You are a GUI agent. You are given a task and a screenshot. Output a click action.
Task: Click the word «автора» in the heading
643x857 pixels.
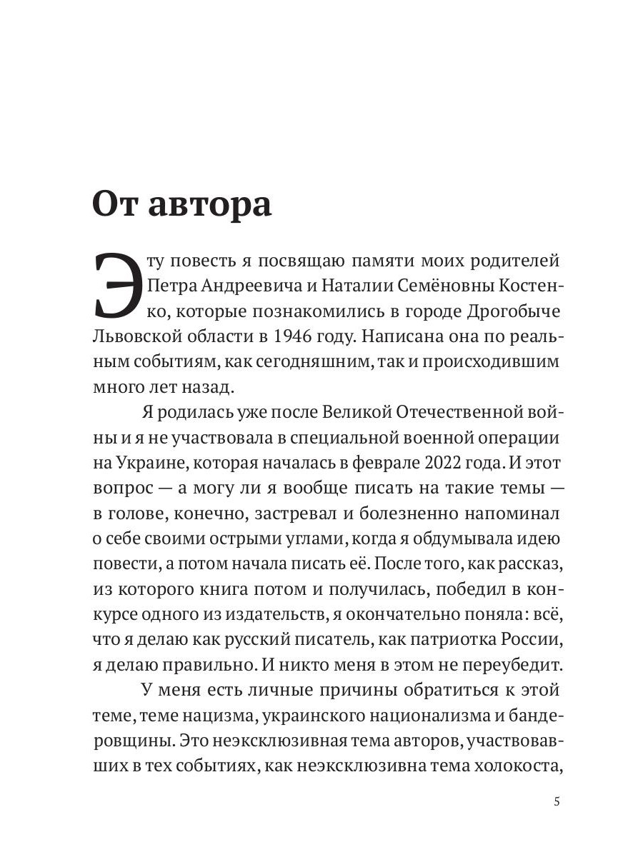click(x=211, y=204)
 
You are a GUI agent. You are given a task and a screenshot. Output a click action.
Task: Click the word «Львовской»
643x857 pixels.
click(x=135, y=338)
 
